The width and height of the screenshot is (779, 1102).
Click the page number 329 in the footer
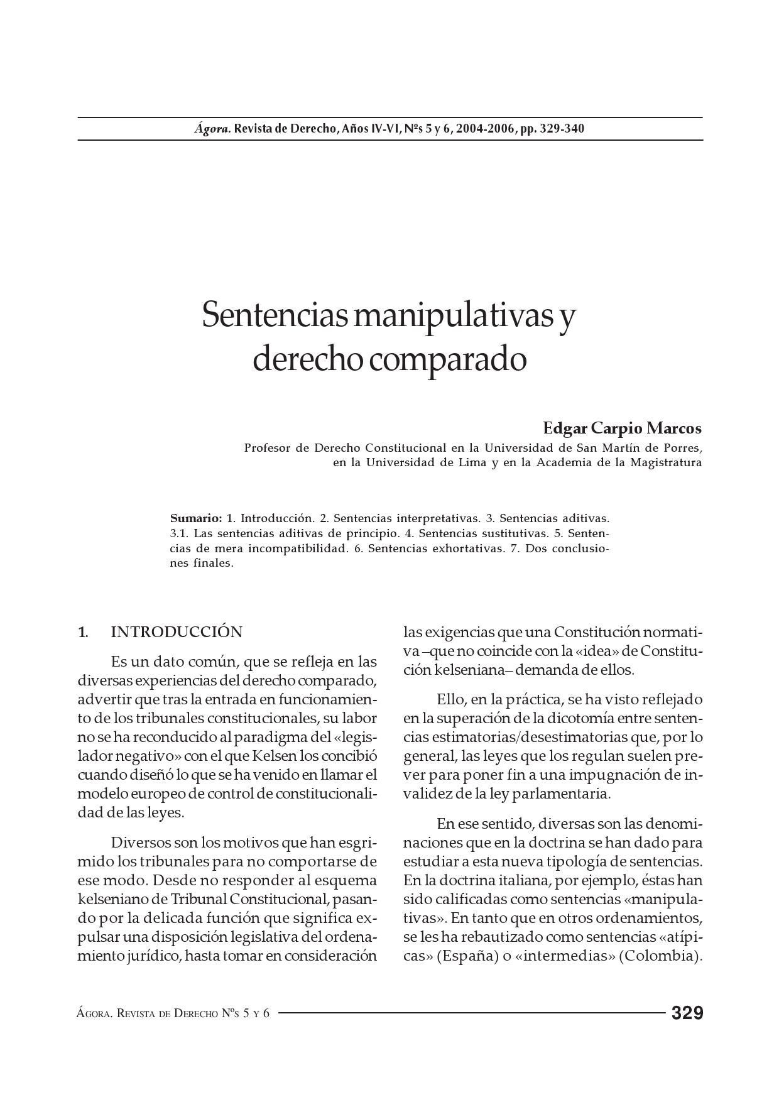687,1013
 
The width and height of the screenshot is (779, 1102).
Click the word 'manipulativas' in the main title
452,315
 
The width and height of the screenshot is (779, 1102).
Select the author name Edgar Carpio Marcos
622,428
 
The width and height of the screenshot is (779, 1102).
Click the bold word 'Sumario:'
196,519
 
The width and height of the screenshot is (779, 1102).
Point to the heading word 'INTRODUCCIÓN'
177,632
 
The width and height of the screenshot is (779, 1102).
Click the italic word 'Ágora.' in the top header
212,129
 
